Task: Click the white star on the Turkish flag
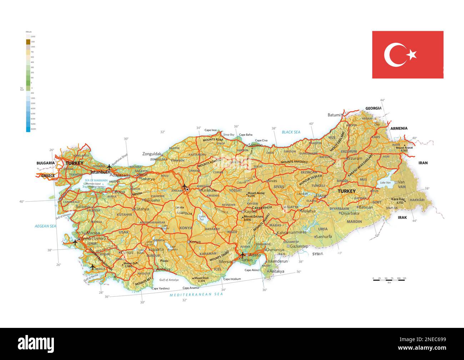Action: [412, 55]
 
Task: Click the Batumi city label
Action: [334, 115]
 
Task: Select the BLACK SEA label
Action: [291, 132]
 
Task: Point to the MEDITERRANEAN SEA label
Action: [196, 294]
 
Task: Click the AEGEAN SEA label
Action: [45, 226]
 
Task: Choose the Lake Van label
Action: [385, 183]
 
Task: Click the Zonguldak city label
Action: [152, 154]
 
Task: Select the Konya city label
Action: [195, 242]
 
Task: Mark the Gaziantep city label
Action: [299, 246]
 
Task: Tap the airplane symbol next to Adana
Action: [243, 255]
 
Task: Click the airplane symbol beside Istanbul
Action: [109, 167]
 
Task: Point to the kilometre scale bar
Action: [389, 280]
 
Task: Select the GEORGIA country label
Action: [373, 108]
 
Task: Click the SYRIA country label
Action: [318, 254]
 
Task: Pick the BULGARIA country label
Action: [46, 163]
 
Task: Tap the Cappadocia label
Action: [262, 207]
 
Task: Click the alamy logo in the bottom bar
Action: [36, 344]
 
